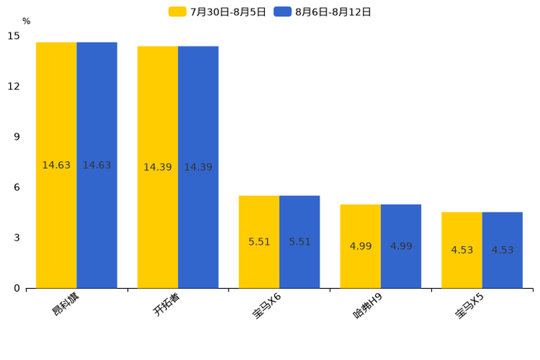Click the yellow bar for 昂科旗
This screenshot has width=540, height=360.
[x=57, y=165]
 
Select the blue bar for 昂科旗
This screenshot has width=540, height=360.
[x=97, y=165]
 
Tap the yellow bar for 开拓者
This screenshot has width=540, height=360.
[x=157, y=167]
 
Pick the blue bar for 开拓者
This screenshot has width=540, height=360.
[x=198, y=167]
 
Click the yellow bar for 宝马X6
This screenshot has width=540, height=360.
[x=259, y=242]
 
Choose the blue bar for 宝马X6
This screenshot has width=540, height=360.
[x=300, y=242]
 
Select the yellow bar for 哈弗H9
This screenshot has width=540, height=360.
[x=361, y=246]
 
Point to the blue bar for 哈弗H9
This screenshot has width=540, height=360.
[x=401, y=246]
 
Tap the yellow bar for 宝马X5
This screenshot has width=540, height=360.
[x=462, y=250]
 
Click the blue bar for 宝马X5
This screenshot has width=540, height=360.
[x=502, y=250]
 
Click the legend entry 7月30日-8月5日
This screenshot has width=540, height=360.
[x=218, y=12]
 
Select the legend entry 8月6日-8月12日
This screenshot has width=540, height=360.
[x=323, y=12]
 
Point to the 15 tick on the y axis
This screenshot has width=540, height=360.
[x=14, y=36]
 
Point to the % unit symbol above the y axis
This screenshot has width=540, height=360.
[x=26, y=21]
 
